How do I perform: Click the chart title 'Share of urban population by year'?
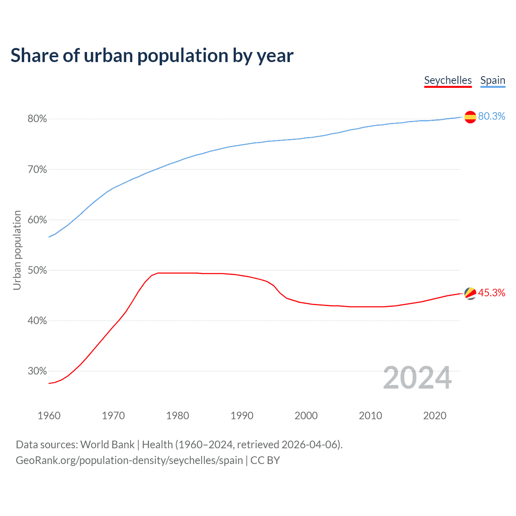point(152,56)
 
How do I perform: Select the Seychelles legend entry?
point(448,80)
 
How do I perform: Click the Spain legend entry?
point(493,80)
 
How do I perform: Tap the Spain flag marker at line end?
point(470,117)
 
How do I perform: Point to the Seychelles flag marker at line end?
point(470,293)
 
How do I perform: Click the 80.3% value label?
point(491,117)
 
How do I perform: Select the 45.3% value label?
point(491,293)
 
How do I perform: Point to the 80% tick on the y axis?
point(37,119)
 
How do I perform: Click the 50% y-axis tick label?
point(37,270)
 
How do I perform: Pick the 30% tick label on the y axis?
point(37,371)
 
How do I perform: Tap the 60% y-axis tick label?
point(37,220)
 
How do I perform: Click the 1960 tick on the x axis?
point(49,416)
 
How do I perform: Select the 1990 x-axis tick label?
point(242,416)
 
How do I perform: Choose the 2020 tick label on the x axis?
point(435,416)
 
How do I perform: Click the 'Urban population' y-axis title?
point(17,250)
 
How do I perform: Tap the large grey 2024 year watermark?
point(417,378)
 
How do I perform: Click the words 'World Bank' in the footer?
point(107,445)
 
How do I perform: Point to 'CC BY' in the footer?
point(265,460)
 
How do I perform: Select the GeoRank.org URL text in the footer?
point(129,460)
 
